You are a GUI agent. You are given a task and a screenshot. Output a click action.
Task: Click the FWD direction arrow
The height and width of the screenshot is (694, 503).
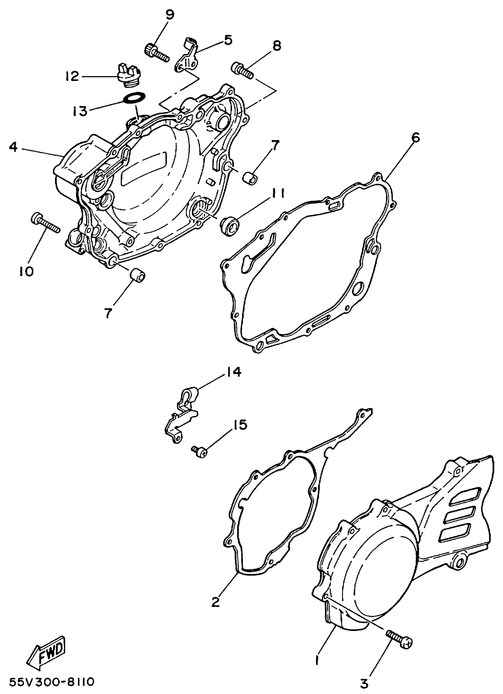[48, 652]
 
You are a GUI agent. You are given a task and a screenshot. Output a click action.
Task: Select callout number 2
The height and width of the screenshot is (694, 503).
[215, 602]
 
